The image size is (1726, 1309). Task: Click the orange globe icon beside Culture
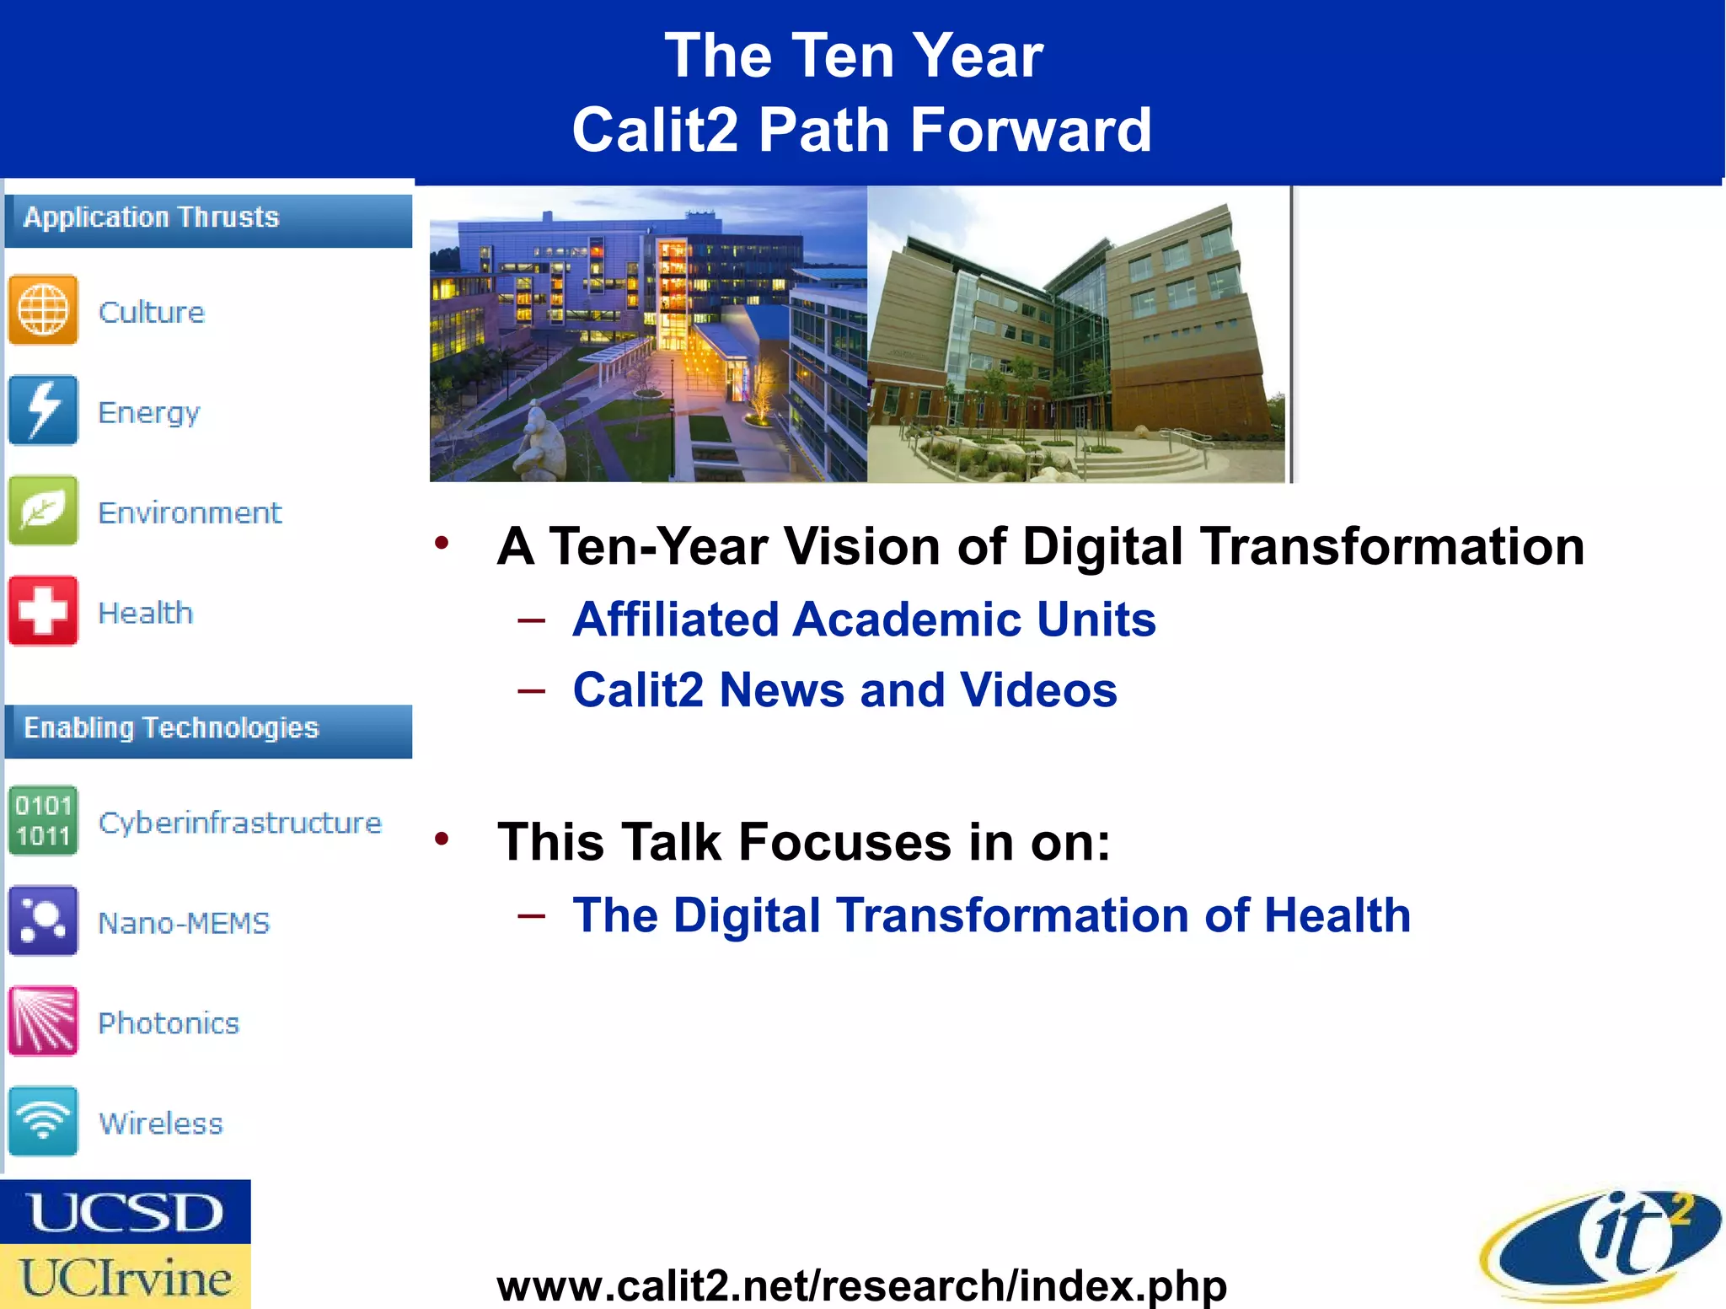43,310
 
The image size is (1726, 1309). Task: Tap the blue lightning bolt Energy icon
43,410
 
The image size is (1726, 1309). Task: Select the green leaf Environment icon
43,511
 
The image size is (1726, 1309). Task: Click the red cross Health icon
43,611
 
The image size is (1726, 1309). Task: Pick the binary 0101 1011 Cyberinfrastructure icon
43,821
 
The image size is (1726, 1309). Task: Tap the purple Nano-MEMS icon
43,920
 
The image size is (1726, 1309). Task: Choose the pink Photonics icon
43,1021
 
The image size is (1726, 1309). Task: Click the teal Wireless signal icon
43,1121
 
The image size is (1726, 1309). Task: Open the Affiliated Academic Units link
864,620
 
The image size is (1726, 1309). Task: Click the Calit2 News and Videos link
844,690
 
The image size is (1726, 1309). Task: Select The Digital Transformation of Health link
991,915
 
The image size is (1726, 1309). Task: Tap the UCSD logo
126,1212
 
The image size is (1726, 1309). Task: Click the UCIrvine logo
126,1277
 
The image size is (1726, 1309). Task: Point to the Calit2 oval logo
1601,1242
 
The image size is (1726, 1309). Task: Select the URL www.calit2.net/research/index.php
861,1285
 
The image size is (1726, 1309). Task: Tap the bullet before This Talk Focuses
442,839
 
